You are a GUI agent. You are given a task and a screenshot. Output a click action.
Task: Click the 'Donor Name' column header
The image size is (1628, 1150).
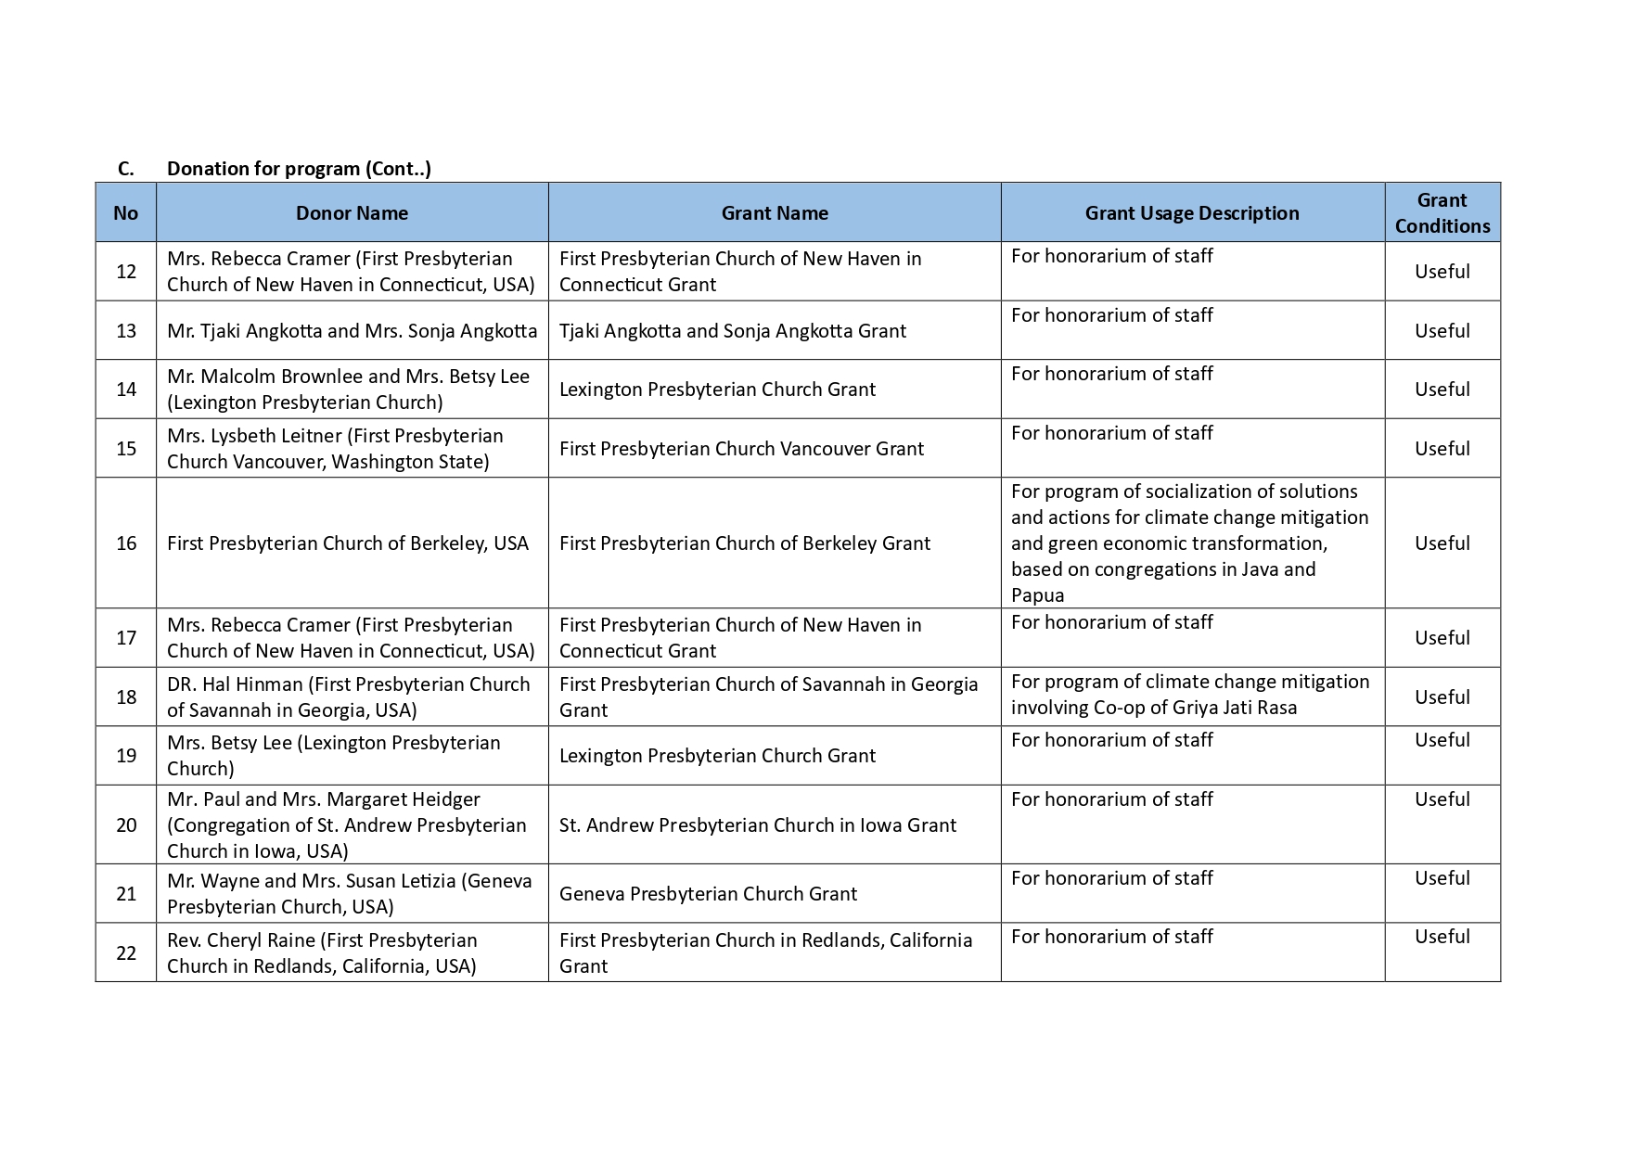click(352, 213)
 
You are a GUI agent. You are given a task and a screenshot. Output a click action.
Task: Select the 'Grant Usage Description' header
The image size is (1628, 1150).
click(1191, 213)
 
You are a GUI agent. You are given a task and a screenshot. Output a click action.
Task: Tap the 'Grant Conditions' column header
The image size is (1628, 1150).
click(1442, 213)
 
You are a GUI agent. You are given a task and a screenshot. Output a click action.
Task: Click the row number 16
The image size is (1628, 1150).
click(126, 543)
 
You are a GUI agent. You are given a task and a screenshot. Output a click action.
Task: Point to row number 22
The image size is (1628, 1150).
click(126, 953)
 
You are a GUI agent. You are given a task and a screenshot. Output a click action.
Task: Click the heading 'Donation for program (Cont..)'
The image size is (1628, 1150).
click(299, 169)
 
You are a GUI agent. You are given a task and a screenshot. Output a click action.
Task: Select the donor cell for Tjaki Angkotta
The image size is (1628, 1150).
click(352, 331)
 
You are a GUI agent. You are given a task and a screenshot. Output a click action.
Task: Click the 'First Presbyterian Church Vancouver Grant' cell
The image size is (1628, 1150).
click(741, 449)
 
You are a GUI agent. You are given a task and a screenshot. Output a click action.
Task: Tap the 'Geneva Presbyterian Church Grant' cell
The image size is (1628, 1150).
click(708, 894)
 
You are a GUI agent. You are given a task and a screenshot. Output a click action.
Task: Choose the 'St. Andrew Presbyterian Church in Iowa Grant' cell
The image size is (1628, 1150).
click(757, 825)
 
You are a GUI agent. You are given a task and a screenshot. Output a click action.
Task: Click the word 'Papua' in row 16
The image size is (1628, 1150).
click(1037, 595)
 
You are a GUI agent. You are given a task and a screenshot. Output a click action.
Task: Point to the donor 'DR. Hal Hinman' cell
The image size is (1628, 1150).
click(348, 697)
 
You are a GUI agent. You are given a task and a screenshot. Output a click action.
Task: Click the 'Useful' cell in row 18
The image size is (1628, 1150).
click(1442, 697)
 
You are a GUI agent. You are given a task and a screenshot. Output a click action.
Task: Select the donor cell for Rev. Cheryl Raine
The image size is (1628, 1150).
click(322, 953)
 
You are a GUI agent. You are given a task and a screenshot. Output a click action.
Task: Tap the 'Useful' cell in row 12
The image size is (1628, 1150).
click(1442, 272)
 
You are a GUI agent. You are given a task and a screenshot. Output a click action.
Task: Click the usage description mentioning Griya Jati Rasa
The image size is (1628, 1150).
click(1189, 695)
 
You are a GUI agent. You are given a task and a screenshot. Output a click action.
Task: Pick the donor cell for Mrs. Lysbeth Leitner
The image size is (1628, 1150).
click(335, 449)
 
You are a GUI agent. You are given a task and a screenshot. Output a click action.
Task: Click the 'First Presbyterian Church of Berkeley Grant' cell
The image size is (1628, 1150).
click(744, 543)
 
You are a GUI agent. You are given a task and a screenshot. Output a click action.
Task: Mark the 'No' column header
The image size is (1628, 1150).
click(126, 213)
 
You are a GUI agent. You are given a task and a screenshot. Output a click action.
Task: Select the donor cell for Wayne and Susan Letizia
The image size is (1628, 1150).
click(349, 894)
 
